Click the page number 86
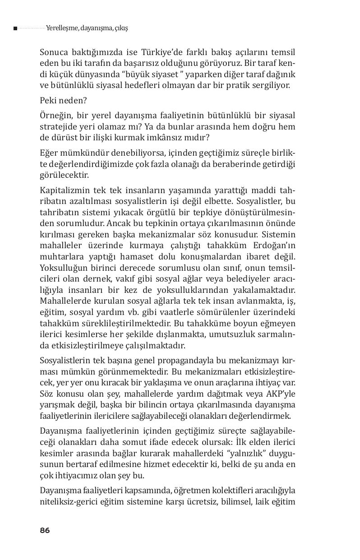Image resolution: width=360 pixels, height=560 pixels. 45,530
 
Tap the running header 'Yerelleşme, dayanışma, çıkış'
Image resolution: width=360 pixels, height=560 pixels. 87,28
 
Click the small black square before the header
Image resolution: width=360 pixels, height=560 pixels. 15,28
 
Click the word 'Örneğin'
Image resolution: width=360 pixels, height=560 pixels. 54,115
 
